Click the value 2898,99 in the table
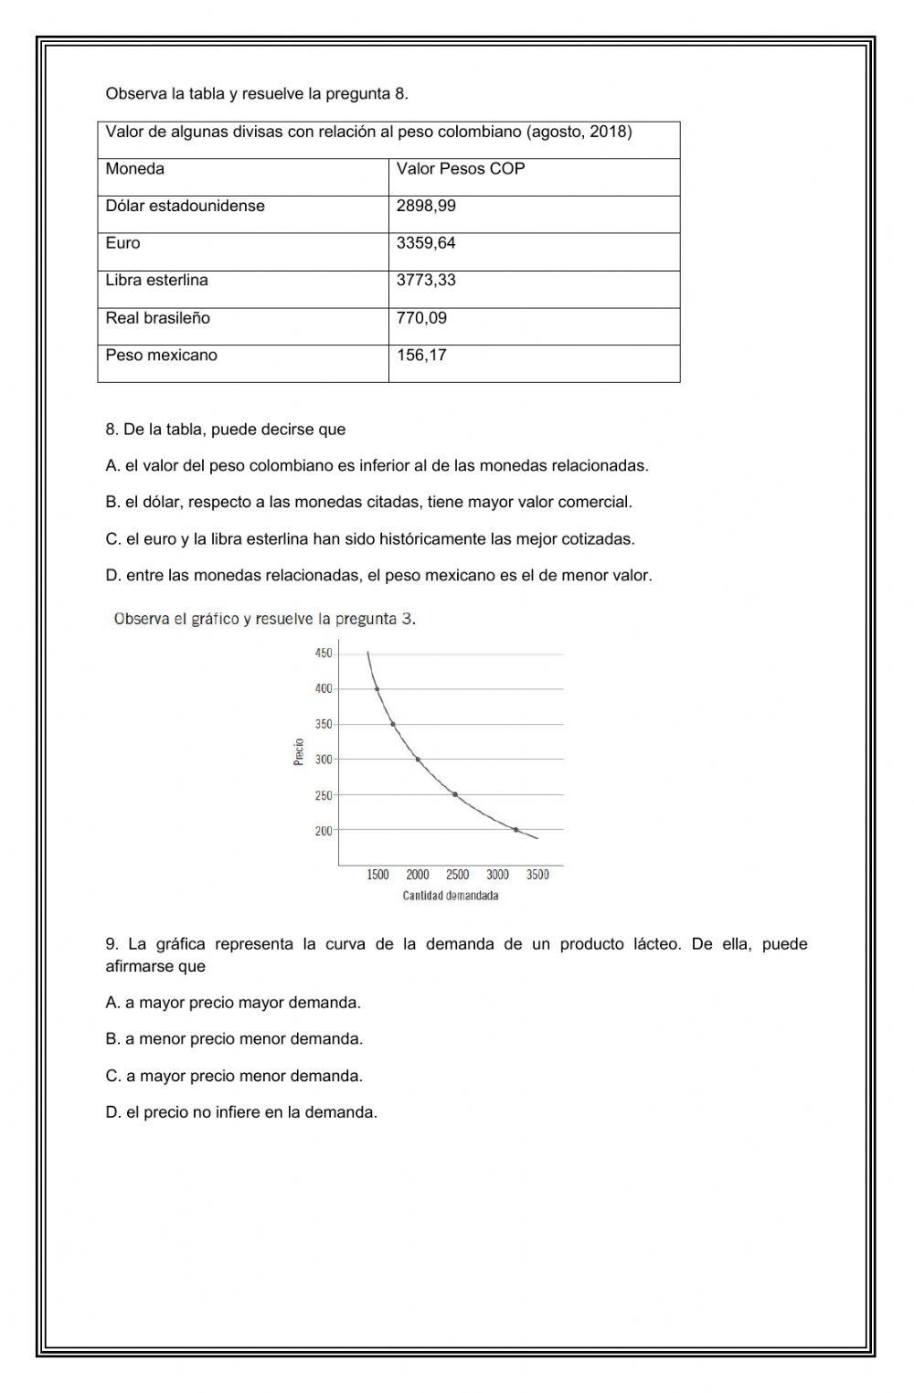pyautogui.click(x=426, y=206)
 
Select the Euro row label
pyautogui.click(x=123, y=243)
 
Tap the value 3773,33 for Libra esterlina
pyautogui.click(x=426, y=281)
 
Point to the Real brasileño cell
pyautogui.click(x=158, y=318)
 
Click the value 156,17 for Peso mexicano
pyautogui.click(x=421, y=356)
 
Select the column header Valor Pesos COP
pyautogui.click(x=461, y=169)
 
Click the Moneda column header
pyautogui.click(x=135, y=169)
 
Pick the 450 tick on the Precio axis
pyautogui.click(x=324, y=654)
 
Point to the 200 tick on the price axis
pyautogui.click(x=324, y=831)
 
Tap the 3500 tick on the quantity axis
pyautogui.click(x=537, y=876)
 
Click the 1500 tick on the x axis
pyautogui.click(x=377, y=876)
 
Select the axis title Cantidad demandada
pyautogui.click(x=451, y=896)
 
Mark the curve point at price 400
pyautogui.click(x=377, y=689)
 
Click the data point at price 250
pyautogui.click(x=455, y=794)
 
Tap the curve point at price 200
pyautogui.click(x=516, y=830)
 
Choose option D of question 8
pyautogui.click(x=378, y=576)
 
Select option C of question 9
pyautogui.click(x=234, y=1076)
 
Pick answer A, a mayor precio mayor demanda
pyautogui.click(x=233, y=1003)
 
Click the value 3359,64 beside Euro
pyautogui.click(x=426, y=243)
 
